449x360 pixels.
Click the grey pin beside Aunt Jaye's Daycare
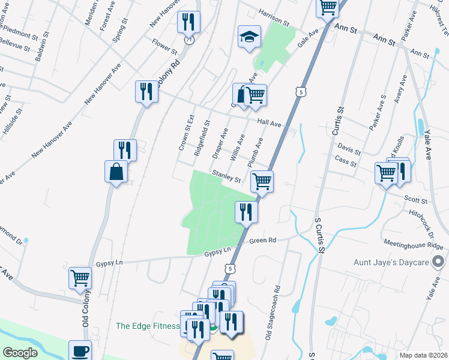[439, 262]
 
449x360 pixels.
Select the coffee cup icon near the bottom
[80, 350]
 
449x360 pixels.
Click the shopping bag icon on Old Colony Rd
[116, 172]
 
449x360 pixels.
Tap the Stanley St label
[226, 178]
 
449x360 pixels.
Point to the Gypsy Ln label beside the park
[217, 251]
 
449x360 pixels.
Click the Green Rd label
[262, 241]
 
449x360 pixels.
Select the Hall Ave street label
[269, 123]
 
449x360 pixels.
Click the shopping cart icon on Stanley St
[262, 181]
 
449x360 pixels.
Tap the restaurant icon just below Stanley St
[246, 211]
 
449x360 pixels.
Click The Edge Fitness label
[148, 326]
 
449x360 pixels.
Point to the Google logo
[20, 352]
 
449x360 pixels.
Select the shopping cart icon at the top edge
[328, 7]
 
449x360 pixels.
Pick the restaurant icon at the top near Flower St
[188, 23]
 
